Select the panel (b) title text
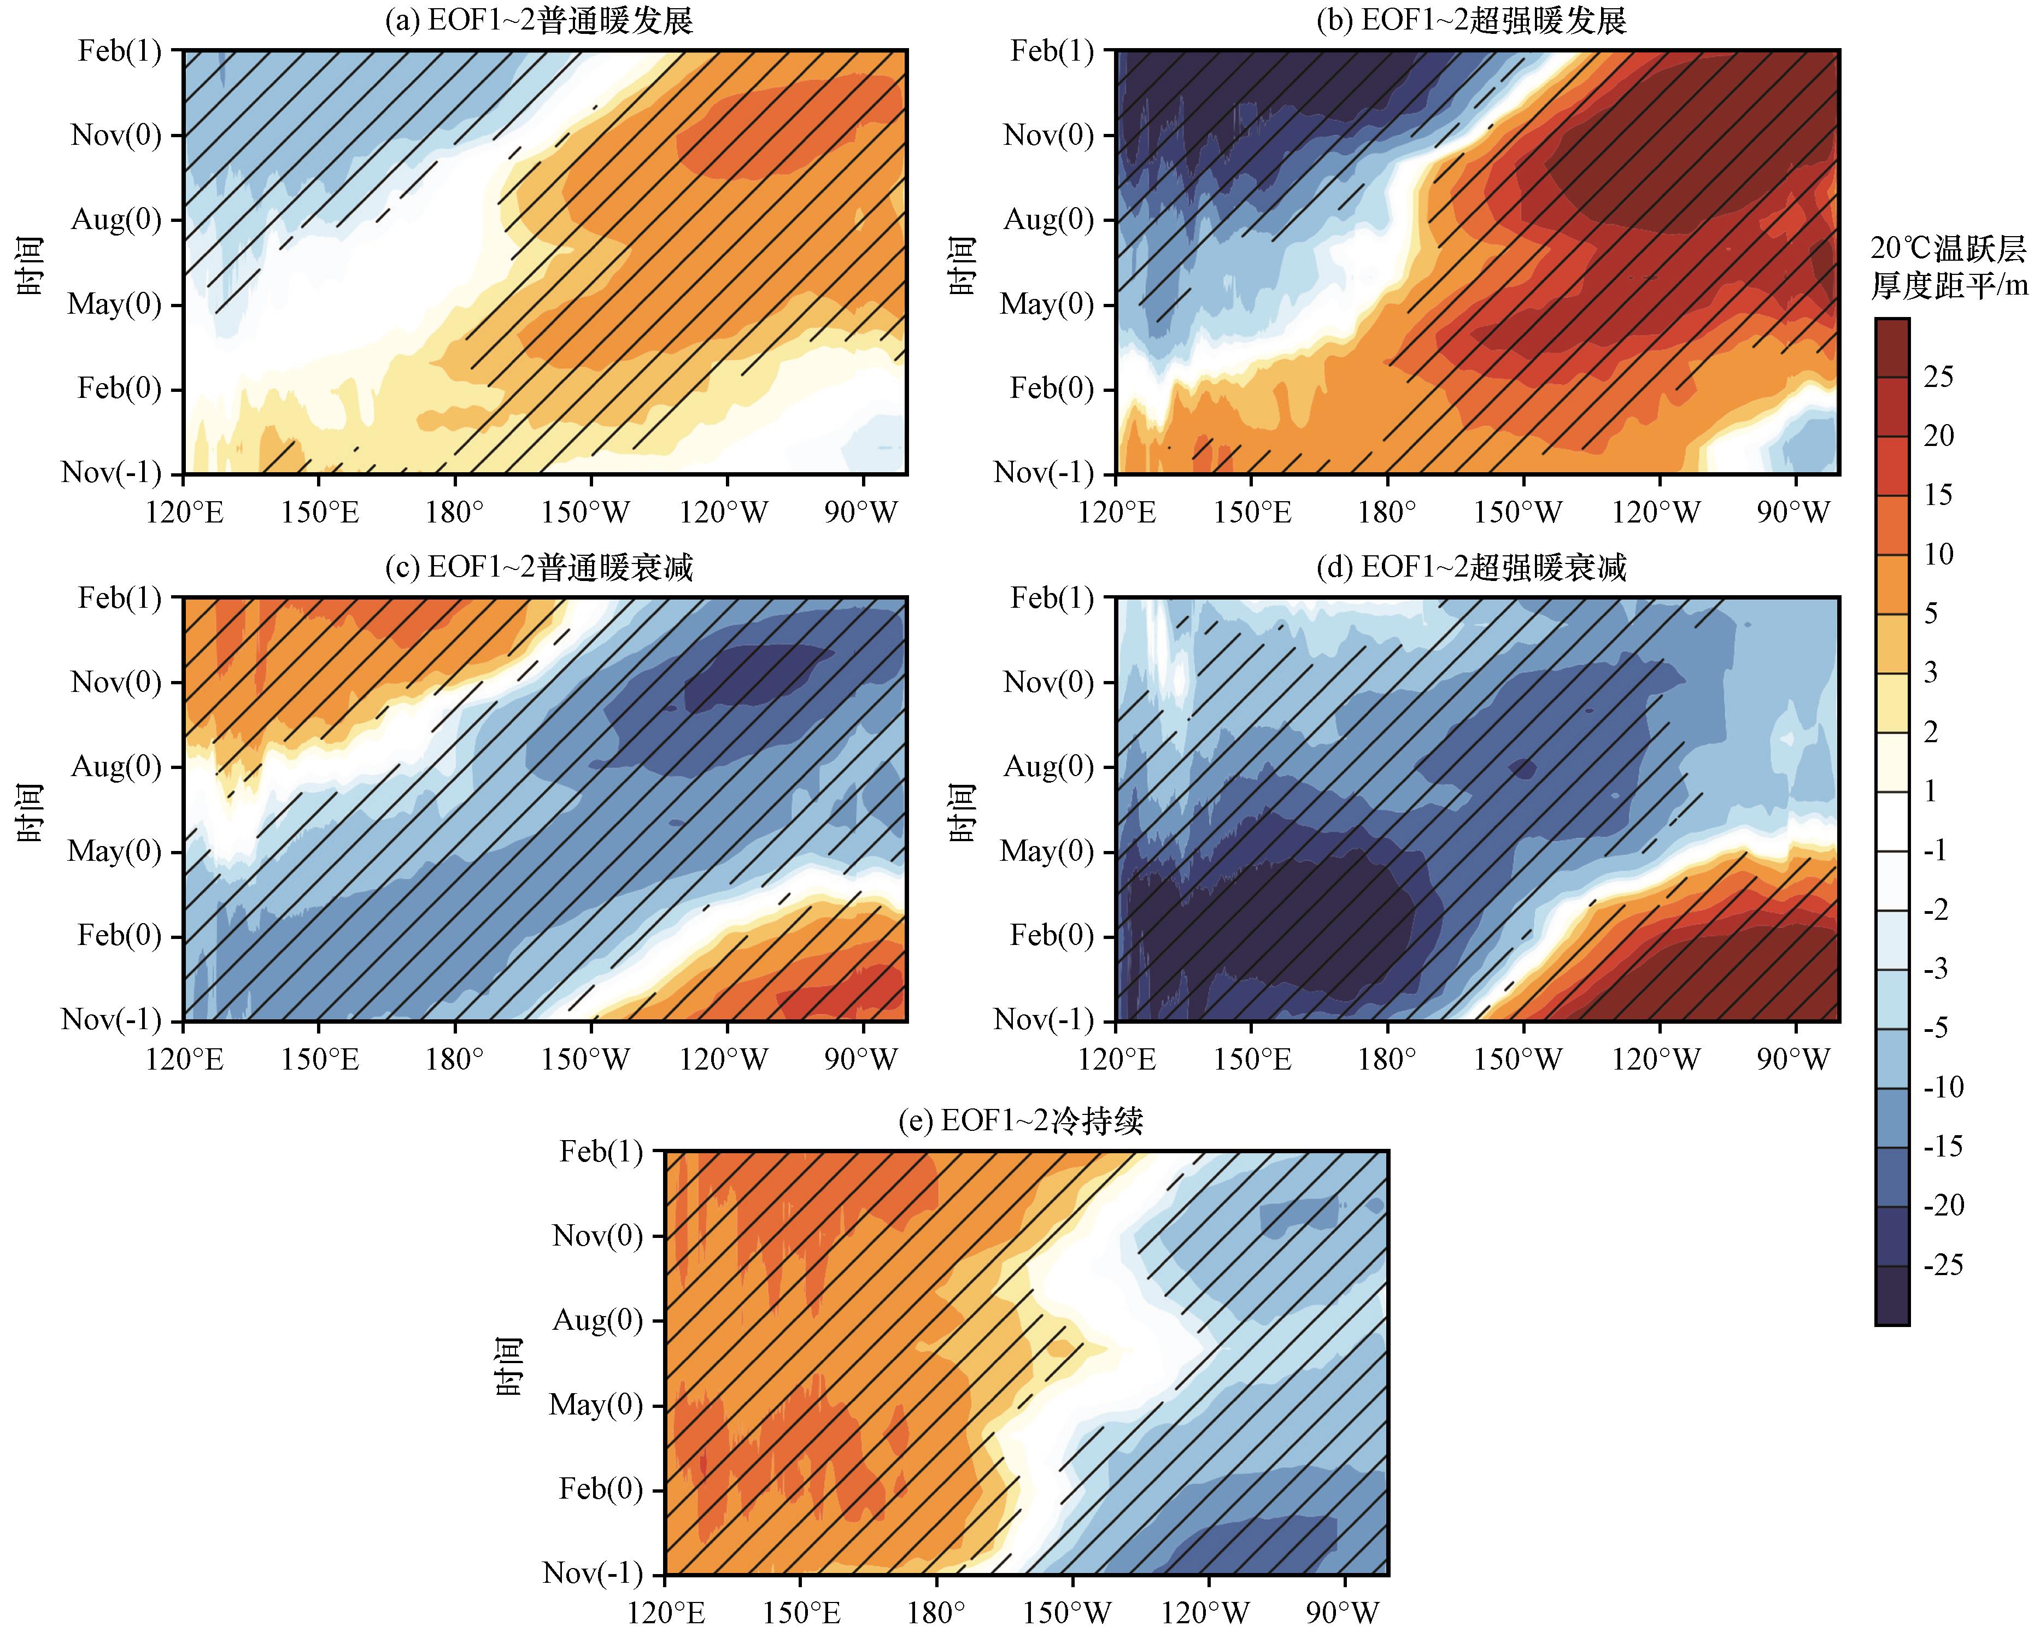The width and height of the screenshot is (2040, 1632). click(x=1472, y=21)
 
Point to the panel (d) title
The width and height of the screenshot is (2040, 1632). click(x=1472, y=568)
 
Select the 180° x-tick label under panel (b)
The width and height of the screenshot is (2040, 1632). click(x=1387, y=513)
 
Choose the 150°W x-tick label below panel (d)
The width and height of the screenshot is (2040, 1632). click(x=1517, y=1060)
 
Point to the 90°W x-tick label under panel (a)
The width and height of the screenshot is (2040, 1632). click(x=860, y=513)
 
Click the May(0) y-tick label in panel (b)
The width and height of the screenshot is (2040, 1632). click(x=1046, y=304)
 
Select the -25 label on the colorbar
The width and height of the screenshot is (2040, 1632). click(x=1943, y=1265)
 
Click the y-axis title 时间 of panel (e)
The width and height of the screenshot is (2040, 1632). click(x=509, y=1367)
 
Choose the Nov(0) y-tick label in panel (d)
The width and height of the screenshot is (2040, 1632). click(x=1048, y=682)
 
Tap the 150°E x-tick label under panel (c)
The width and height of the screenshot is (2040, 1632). click(x=320, y=1060)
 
